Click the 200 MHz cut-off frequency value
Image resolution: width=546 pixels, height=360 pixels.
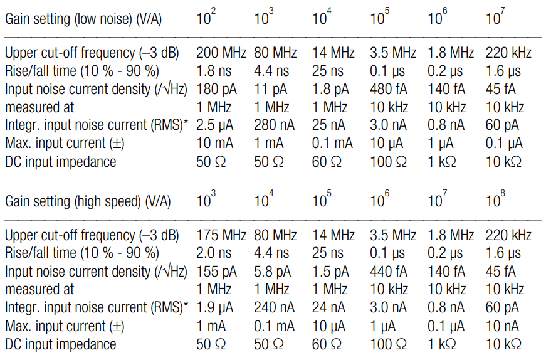pyautogui.click(x=221, y=53)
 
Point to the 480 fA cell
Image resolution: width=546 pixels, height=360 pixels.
pyautogui.click(x=387, y=89)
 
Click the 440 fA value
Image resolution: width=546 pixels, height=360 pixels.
pyautogui.click(x=387, y=272)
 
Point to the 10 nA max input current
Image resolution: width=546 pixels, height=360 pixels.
pyautogui.click(x=503, y=327)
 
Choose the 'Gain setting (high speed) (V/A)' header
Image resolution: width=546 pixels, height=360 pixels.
pyautogui.click(x=87, y=202)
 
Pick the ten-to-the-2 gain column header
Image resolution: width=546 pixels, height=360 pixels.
pyautogui.click(x=206, y=18)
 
